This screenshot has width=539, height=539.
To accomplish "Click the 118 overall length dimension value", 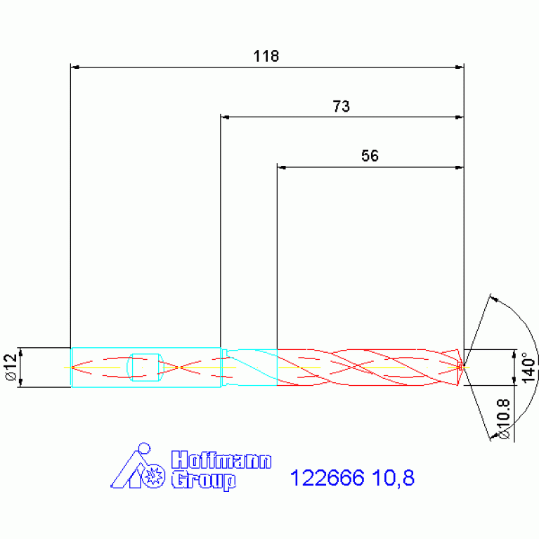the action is tap(266, 56).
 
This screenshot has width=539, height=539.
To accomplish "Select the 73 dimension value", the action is tap(342, 106).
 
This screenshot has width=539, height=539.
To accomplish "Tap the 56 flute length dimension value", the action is tap(370, 156).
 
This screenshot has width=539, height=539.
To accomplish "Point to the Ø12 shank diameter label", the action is tap(11, 367).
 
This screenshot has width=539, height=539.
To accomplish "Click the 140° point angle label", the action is tap(528, 367).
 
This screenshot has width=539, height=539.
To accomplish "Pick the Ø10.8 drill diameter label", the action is tap(503, 419).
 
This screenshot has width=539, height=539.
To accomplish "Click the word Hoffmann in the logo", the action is tap(221, 460).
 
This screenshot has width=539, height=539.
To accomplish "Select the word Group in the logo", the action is tap(204, 480).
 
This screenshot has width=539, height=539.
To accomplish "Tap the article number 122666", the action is tap(327, 478).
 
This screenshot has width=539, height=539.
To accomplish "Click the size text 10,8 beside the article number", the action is tap(394, 478).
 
